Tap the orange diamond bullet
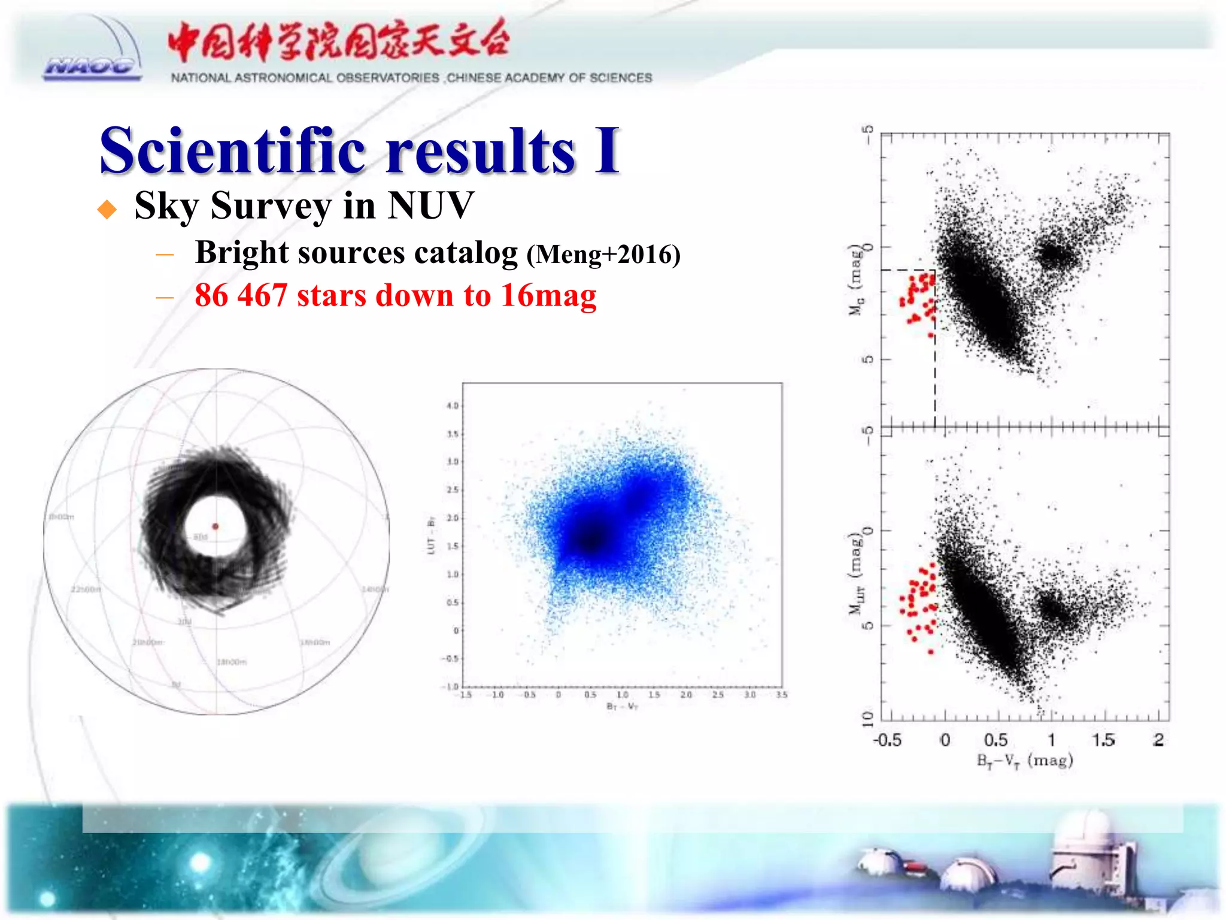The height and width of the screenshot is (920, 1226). point(107,209)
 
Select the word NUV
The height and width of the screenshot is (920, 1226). point(430,205)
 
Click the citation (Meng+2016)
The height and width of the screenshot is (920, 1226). point(603,255)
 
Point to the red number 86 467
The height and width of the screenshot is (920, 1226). point(241,295)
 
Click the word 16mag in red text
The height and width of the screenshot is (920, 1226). point(548,295)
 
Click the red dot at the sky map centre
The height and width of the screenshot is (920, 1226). point(216,526)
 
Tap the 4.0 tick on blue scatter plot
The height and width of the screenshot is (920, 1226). point(453,406)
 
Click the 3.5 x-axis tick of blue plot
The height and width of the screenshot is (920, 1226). point(781,695)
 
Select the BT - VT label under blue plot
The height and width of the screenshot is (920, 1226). point(623,707)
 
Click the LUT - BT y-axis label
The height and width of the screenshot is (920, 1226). point(430,535)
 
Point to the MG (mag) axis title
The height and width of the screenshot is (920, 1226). point(857,280)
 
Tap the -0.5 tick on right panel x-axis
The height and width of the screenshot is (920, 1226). point(887,740)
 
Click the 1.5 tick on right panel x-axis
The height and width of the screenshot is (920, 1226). point(1103,740)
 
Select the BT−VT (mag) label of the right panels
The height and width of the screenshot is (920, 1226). point(1025,761)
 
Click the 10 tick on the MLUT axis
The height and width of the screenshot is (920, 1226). point(867,719)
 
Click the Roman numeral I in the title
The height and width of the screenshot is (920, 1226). point(606,151)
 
